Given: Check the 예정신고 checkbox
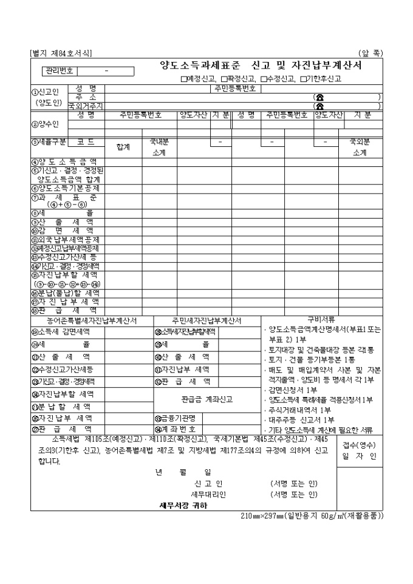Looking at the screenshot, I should tap(183, 79).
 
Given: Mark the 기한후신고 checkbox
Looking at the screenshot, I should tap(303, 79).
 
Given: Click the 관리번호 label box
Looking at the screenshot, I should tap(59, 70).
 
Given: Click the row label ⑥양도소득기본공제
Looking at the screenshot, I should tap(67, 188).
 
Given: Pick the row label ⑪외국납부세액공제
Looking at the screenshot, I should tap(67, 240).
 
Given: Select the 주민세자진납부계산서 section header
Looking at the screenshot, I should tap(206, 320).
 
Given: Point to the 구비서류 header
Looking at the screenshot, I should tap(321, 319).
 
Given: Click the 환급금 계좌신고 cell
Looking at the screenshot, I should tap(207, 399).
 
